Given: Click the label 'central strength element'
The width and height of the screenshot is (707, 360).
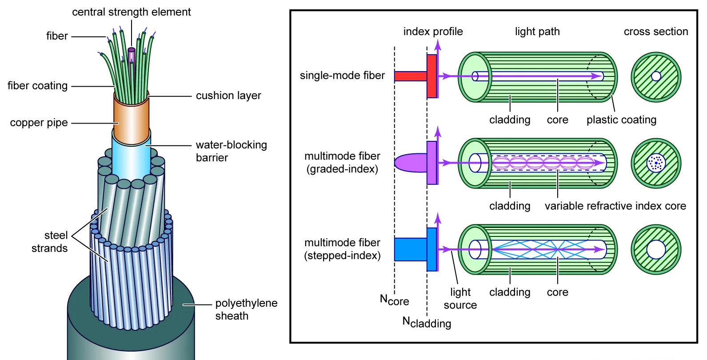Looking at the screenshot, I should pyautogui.click(x=131, y=12).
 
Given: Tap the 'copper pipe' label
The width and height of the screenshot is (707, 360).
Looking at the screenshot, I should pyautogui.click(x=39, y=123).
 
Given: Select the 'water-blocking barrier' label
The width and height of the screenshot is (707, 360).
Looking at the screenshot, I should pyautogui.click(x=231, y=151).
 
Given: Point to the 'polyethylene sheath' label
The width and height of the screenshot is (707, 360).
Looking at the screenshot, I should pyautogui.click(x=246, y=309).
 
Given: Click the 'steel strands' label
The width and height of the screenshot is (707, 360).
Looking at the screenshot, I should pyautogui.click(x=49, y=242).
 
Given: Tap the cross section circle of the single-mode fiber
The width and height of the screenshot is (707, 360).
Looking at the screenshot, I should pyautogui.click(x=656, y=76).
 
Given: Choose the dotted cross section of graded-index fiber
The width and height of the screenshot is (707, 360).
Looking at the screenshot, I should pyautogui.click(x=656, y=163).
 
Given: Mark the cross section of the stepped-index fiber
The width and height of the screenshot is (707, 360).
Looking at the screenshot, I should pyautogui.click(x=656, y=249).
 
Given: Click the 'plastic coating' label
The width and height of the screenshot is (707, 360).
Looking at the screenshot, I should pyautogui.click(x=621, y=120).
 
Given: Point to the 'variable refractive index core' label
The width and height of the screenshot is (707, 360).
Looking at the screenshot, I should pyautogui.click(x=615, y=206).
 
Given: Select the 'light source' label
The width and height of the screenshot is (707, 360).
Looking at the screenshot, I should pyautogui.click(x=460, y=298).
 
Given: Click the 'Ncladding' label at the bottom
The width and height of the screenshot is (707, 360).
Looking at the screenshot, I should pyautogui.click(x=427, y=322).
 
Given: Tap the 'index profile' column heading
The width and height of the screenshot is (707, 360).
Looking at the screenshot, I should pyautogui.click(x=432, y=32).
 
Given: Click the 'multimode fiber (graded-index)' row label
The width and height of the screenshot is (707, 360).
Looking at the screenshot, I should pyautogui.click(x=342, y=162).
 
